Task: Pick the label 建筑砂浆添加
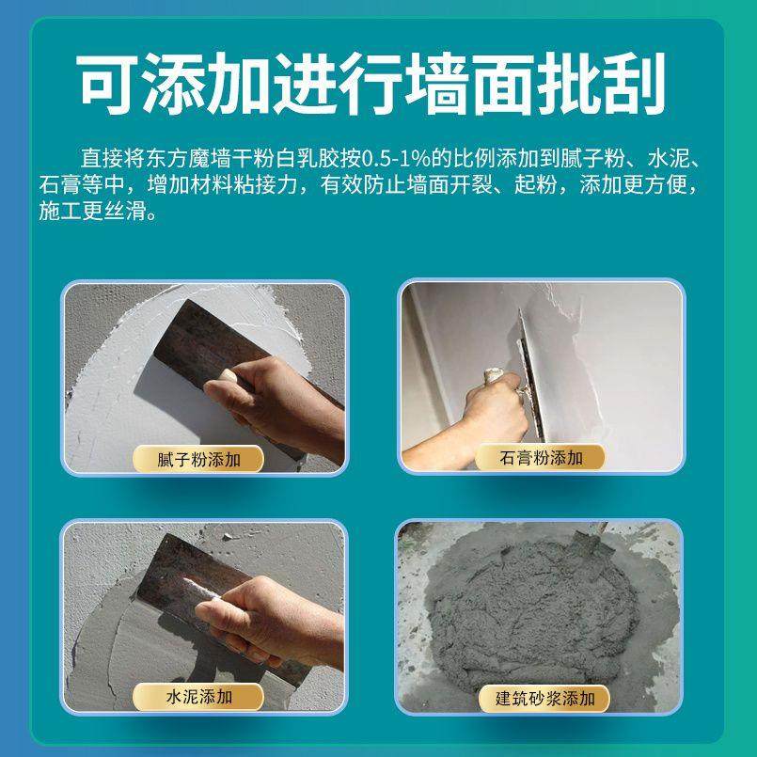(x=540, y=699)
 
